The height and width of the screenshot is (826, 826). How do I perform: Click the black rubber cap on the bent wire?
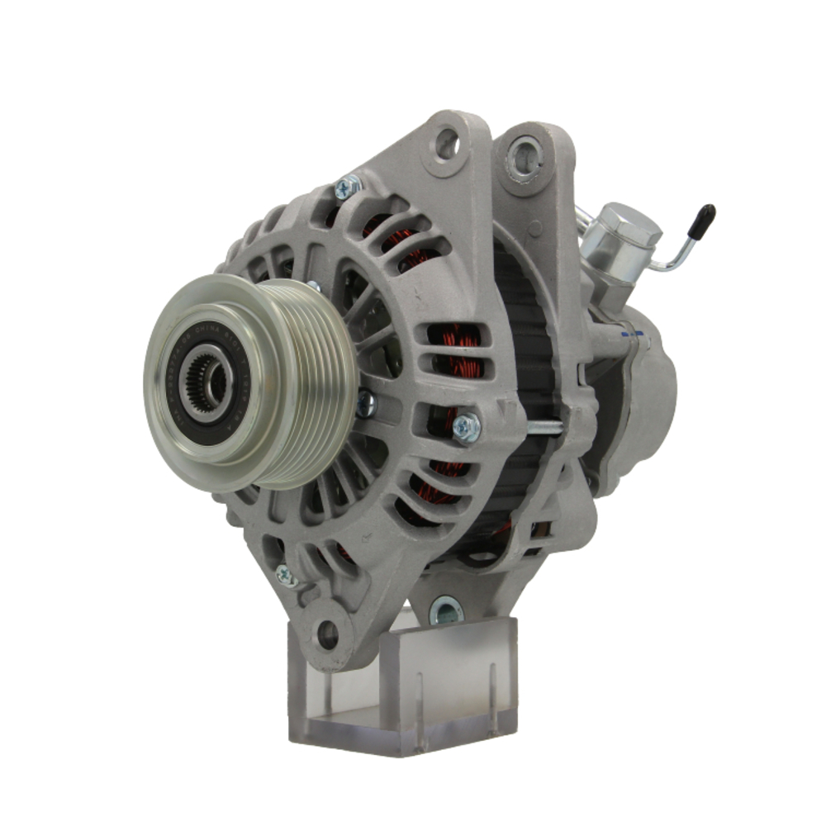click(704, 218)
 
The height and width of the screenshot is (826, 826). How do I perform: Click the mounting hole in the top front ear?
click(448, 144)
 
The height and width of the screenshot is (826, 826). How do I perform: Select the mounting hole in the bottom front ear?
click(328, 634)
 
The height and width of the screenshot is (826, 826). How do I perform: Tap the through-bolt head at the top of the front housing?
click(347, 188)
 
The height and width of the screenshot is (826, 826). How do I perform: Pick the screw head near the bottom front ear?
click(287, 576)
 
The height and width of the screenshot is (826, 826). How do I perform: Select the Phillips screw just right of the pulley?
click(364, 404)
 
